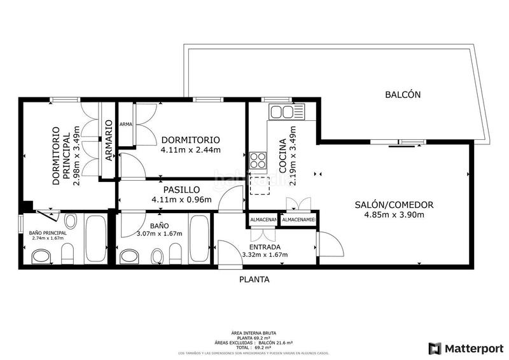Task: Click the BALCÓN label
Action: [403, 95]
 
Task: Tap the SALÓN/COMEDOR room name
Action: [394, 205]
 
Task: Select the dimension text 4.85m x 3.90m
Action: [394, 214]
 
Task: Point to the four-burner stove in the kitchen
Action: [258, 160]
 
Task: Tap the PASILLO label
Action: [181, 190]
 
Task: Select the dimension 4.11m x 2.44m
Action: [190, 150]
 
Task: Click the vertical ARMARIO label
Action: [109, 140]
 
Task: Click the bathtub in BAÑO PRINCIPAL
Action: [96, 240]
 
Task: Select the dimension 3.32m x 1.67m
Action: [265, 255]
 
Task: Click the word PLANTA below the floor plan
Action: [254, 279]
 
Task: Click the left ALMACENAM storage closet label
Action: [263, 220]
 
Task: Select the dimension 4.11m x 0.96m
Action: [181, 199]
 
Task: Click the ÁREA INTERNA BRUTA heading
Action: [254, 333]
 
